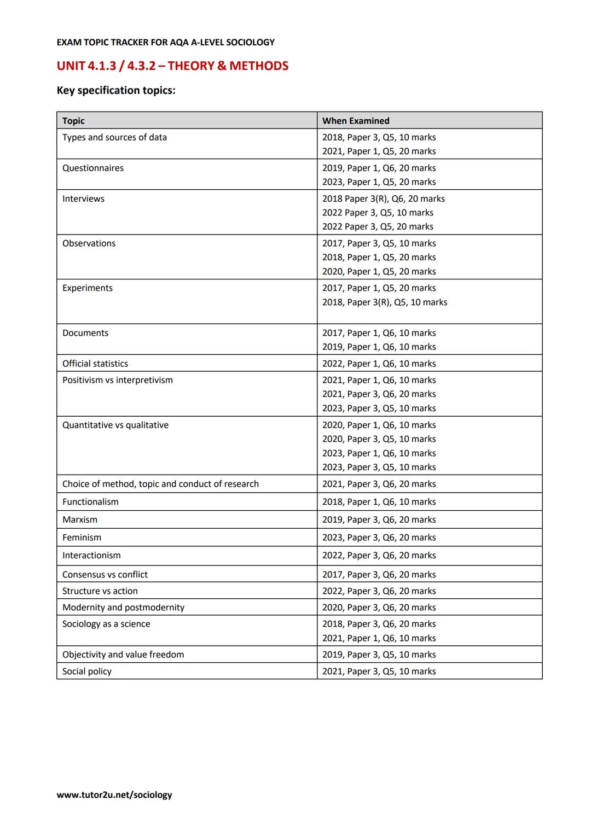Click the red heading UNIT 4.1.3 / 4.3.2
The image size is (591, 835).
pyautogui.click(x=172, y=66)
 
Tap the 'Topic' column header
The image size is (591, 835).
pyautogui.click(x=73, y=121)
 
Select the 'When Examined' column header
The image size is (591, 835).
pyautogui.click(x=356, y=121)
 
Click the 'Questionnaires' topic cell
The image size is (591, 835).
pyautogui.click(x=93, y=168)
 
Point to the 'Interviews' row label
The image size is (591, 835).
pyautogui.click(x=83, y=199)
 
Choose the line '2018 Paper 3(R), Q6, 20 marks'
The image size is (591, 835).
pyautogui.click(x=383, y=199)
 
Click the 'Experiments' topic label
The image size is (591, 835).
pyautogui.click(x=88, y=288)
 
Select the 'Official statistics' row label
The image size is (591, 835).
pyautogui.click(x=95, y=364)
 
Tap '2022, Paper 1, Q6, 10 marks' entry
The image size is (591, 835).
pyautogui.click(x=379, y=364)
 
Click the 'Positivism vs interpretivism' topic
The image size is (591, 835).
pyautogui.click(x=118, y=380)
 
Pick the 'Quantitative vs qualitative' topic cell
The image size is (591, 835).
pyautogui.click(x=115, y=425)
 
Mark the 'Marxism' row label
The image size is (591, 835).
pyautogui.click(x=80, y=520)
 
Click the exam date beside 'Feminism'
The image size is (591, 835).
pyautogui.click(x=379, y=538)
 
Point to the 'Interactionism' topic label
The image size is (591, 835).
pyautogui.click(x=91, y=556)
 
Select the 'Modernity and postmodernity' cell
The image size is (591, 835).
pyautogui.click(x=123, y=608)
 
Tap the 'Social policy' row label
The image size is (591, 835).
pyautogui.click(x=87, y=671)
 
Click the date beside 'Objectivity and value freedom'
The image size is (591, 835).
pyautogui.click(x=379, y=655)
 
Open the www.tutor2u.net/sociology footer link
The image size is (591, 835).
pyautogui.click(x=114, y=795)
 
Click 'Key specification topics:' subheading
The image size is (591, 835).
pyautogui.click(x=116, y=91)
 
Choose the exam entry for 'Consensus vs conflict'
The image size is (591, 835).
pyautogui.click(x=379, y=575)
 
